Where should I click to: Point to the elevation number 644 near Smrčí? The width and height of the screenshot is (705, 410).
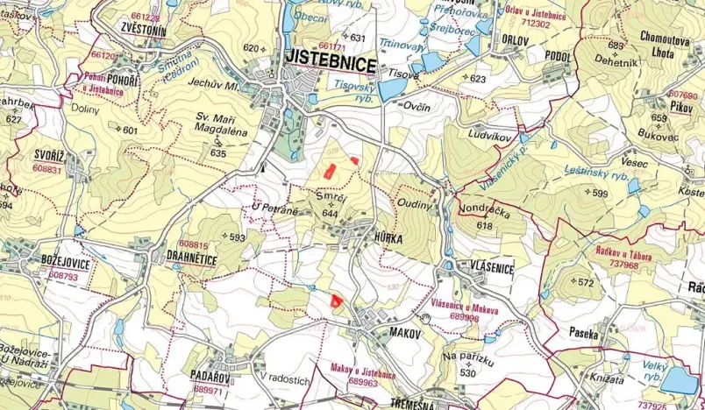330,213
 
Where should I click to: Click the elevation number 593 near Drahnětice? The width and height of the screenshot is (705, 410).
237,237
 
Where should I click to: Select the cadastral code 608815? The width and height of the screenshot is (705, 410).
193,245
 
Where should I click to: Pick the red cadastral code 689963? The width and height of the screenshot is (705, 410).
363,382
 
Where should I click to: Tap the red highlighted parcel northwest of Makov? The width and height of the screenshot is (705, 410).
334,300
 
